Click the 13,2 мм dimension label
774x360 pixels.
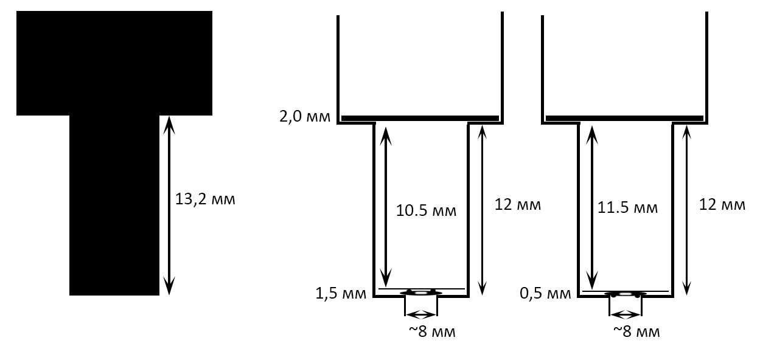coord(205,199)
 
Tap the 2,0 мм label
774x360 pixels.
coord(305,117)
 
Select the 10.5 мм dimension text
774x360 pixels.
coord(426,210)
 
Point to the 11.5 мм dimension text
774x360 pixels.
coord(627,208)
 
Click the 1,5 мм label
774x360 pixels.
coord(341,293)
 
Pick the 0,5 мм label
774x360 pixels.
coord(545,293)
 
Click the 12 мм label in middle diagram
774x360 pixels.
coord(518,205)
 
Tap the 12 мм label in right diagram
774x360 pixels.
coord(722,205)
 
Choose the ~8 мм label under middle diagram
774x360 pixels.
coord(432,331)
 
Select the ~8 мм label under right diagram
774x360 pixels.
coord(636,331)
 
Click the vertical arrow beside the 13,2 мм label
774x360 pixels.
coord(169,206)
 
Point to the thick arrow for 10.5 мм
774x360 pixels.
coord(386,207)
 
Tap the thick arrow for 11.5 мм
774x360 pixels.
coord(592,208)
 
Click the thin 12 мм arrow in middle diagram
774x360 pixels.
coord(482,210)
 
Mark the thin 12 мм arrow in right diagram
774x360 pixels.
coord(687,210)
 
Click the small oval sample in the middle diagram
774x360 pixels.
coord(421,293)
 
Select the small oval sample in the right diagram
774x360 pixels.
coord(626,294)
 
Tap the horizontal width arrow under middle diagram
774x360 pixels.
coord(421,314)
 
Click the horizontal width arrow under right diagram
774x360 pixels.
coord(626,314)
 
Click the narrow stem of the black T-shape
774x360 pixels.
coord(114,206)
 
